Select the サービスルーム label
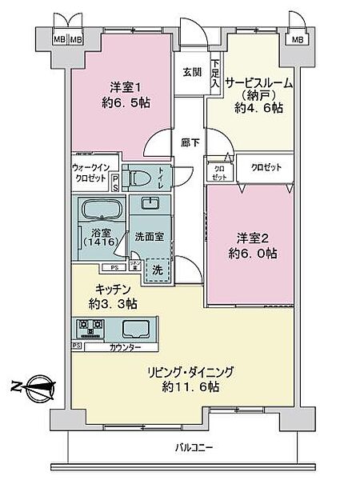coord(258,82)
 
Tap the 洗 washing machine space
coord(158,270)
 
